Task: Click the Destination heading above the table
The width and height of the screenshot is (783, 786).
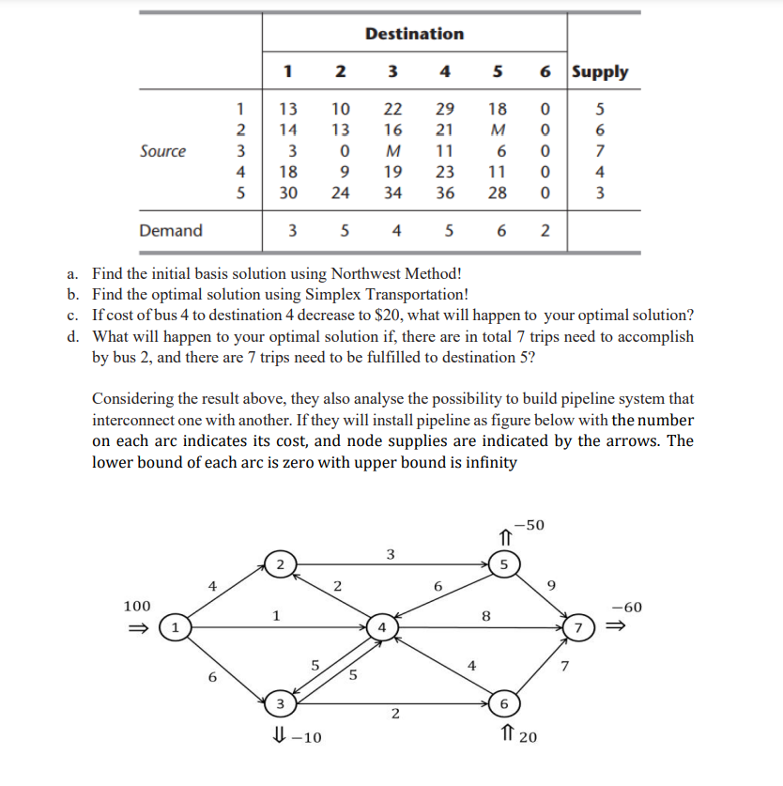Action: pyautogui.click(x=414, y=34)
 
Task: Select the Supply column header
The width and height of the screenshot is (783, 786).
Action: pyautogui.click(x=600, y=71)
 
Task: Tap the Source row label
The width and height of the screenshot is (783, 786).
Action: pyautogui.click(x=162, y=151)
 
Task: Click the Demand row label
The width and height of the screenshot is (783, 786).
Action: pyautogui.click(x=170, y=230)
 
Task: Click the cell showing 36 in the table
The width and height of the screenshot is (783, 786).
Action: pyautogui.click(x=445, y=193)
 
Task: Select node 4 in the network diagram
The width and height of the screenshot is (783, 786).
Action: pyautogui.click(x=381, y=626)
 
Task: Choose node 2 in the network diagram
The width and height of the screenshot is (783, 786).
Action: pyautogui.click(x=280, y=563)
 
